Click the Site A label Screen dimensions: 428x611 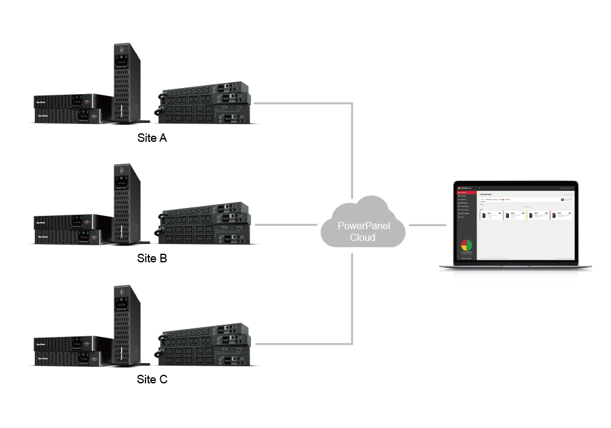(152, 138)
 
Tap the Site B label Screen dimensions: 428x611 (152, 258)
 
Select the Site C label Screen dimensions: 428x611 (152, 379)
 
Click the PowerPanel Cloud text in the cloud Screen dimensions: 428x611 (363, 231)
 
